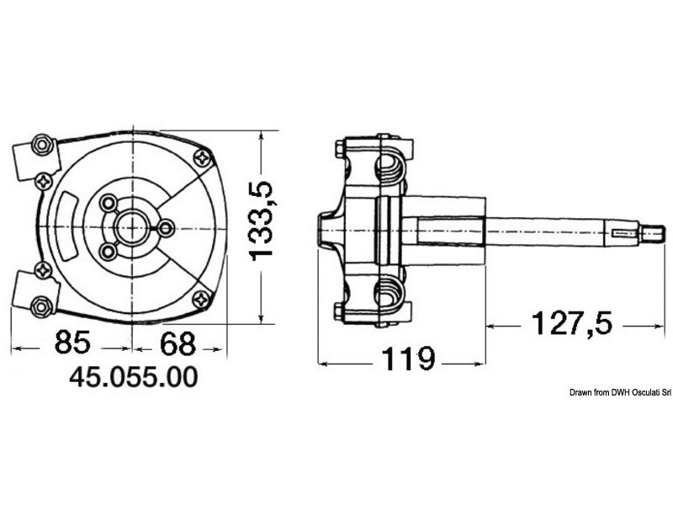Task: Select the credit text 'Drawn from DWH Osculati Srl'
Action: click(619, 392)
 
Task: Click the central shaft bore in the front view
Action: click(133, 227)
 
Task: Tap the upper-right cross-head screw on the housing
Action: click(202, 157)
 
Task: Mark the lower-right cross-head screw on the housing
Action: click(202, 296)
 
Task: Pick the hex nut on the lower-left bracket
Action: click(38, 304)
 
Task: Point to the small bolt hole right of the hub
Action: click(165, 227)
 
